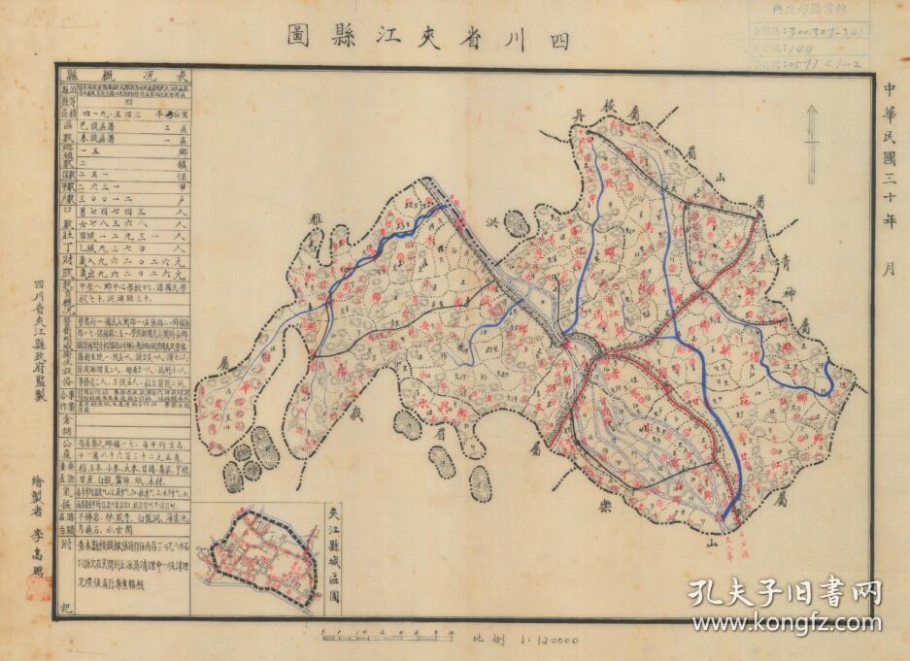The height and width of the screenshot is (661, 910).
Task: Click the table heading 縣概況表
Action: click(125, 75)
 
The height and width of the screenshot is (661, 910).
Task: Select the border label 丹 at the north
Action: click(576, 118)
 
